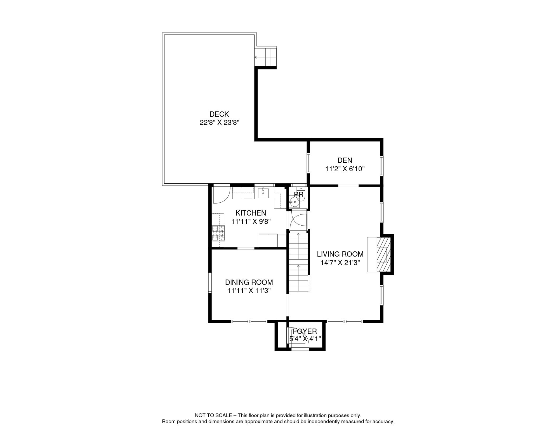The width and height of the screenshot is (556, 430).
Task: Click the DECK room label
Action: click(219, 114)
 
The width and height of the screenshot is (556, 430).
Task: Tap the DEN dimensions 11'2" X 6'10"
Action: click(345, 169)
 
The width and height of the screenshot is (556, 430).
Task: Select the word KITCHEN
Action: click(251, 213)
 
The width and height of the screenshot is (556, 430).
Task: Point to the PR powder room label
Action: click(299, 195)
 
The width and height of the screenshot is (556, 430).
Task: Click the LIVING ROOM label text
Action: click(340, 254)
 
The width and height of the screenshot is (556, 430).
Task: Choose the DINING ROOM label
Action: click(249, 282)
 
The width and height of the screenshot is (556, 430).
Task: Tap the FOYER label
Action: click(305, 331)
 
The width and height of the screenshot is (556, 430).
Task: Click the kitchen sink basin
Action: click(263, 193)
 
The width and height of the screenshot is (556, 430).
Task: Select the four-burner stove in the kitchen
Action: click(218, 233)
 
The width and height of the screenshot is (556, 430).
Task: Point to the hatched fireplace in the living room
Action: click(384, 255)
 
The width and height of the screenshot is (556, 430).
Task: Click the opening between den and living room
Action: click(348, 186)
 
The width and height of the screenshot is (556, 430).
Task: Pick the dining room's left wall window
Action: click(210, 283)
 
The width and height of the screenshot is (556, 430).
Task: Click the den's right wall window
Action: click(382, 166)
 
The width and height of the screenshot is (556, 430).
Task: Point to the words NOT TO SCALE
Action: click(213, 415)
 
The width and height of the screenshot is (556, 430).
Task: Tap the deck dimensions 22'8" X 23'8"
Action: click(220, 123)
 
